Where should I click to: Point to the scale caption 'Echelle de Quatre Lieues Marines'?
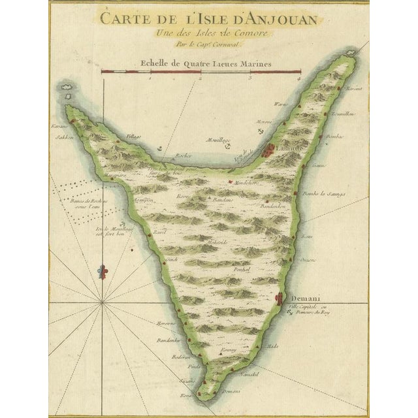tap(201, 64)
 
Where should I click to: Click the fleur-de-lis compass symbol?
tap(101, 271)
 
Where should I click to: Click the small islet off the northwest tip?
tap(66, 86)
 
